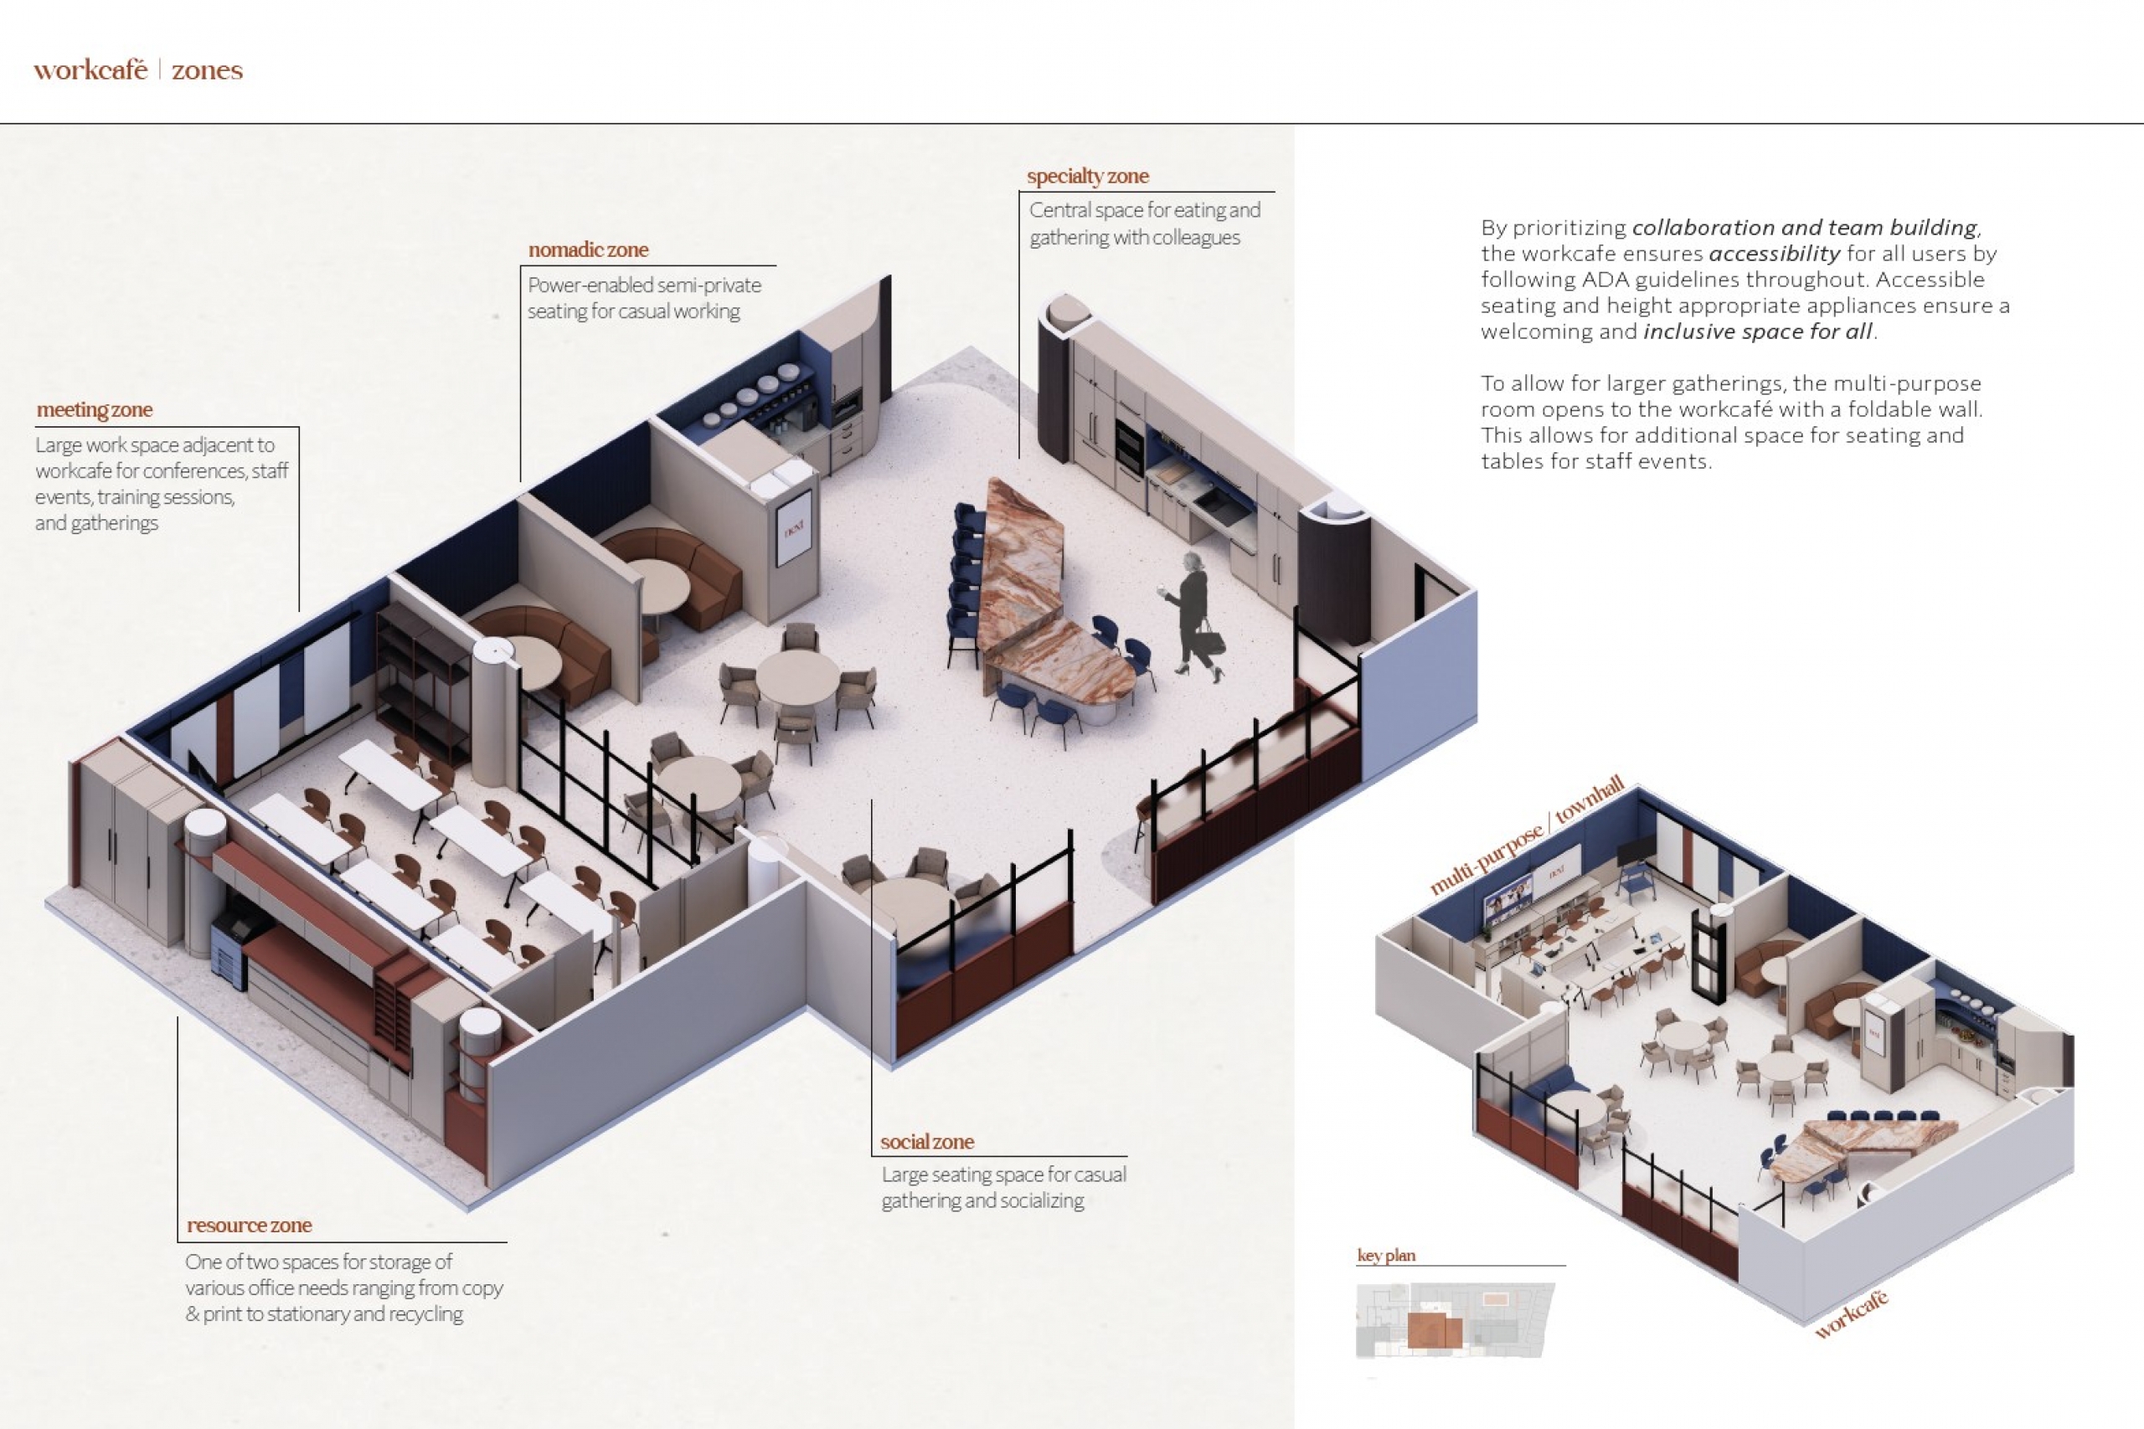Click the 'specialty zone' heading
click(1088, 176)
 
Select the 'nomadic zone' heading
click(588, 249)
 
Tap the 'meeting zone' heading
click(95, 410)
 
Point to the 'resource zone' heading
click(249, 1226)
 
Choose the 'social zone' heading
click(926, 1142)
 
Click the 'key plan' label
click(1385, 1256)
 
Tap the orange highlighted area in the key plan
click(1434, 1330)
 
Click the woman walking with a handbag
click(1194, 615)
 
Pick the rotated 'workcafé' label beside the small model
click(1852, 1315)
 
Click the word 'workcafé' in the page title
click(90, 71)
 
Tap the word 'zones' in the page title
click(207, 71)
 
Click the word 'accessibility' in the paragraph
click(1774, 254)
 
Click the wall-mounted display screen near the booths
click(793, 527)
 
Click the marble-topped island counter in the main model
click(1039, 593)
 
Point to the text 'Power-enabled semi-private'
click(643, 285)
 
